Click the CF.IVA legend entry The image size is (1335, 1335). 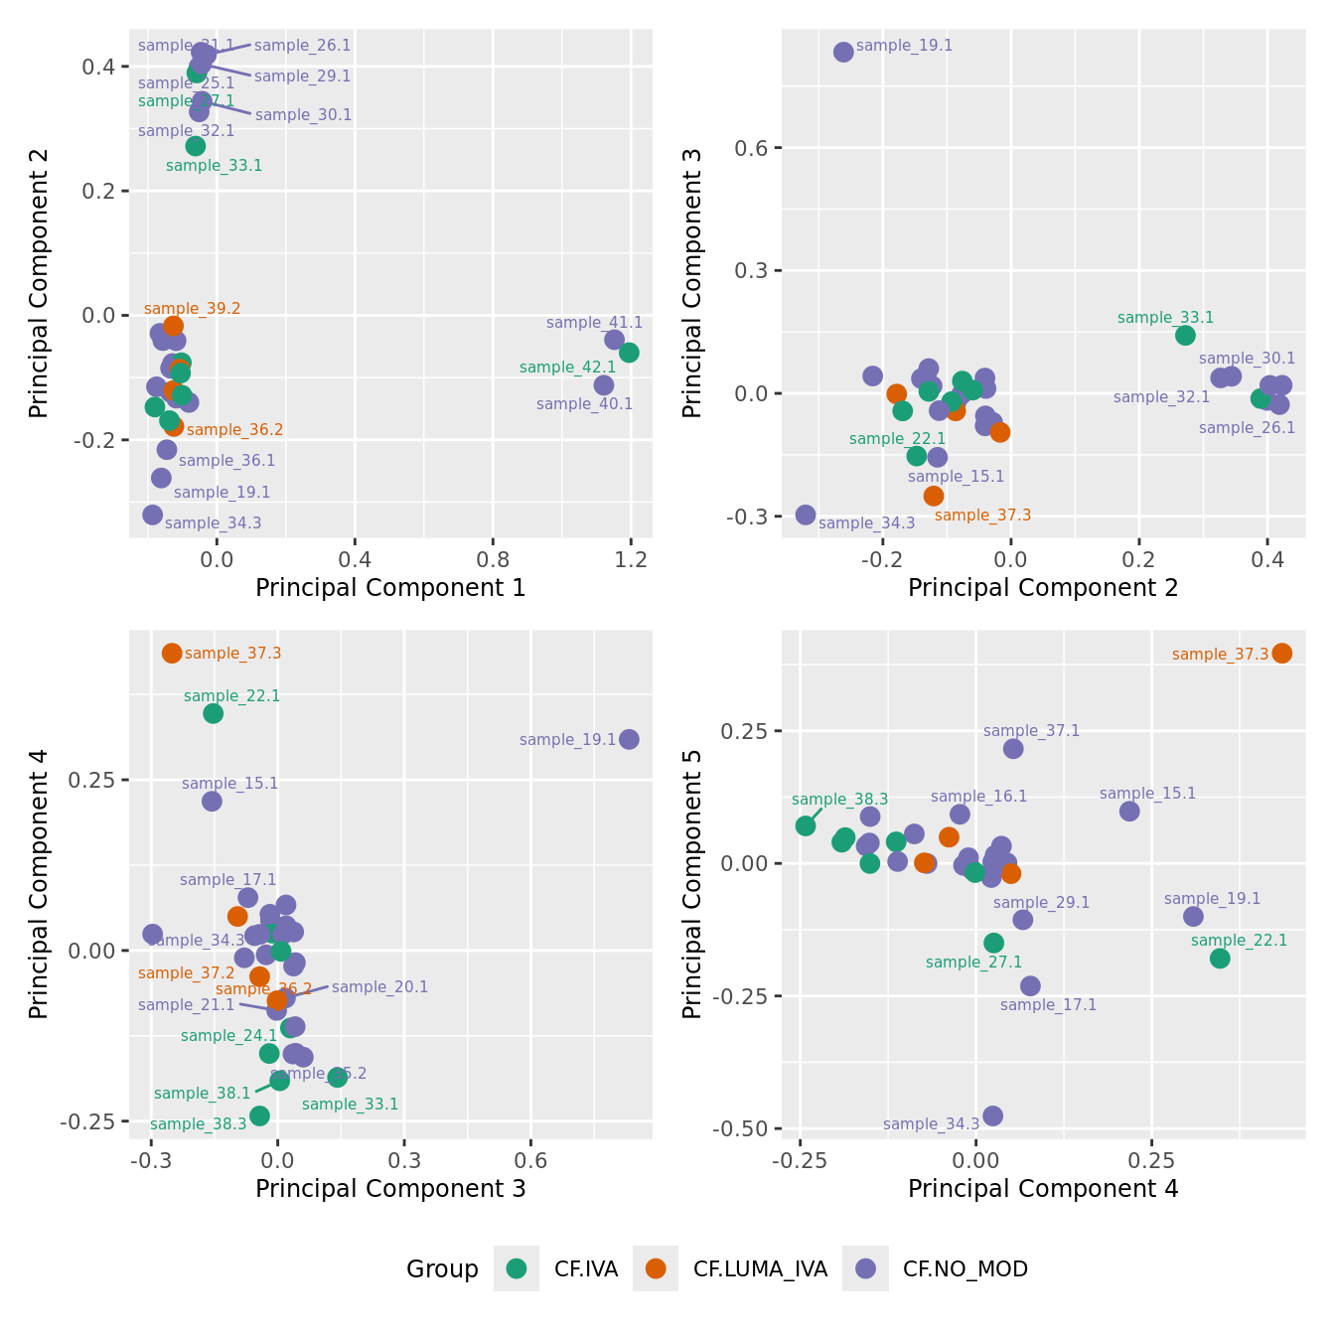coord(586,1268)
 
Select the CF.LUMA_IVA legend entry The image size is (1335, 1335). coord(760,1268)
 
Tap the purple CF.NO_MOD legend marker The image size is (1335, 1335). coord(865,1268)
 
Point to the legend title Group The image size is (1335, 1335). coord(442,1269)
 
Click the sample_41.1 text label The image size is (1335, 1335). coord(594,323)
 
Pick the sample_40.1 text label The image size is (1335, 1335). coord(584,404)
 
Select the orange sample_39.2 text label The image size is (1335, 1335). coord(192,309)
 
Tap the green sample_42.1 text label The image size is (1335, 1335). coord(567,368)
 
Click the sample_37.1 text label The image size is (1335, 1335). coord(1031,731)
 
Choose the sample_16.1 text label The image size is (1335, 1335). coord(978,797)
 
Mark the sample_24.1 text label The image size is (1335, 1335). coord(228,1036)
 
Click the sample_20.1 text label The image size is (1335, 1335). coord(379,987)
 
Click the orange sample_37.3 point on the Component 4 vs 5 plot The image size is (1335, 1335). coord(1281,653)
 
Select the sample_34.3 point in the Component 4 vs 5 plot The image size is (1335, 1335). coord(992,1115)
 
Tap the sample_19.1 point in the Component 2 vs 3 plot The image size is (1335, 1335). coord(843,52)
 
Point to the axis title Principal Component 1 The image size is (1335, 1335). coord(390,588)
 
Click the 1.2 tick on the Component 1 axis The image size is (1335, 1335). coord(631,560)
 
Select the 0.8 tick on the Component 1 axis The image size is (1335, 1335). coord(493,560)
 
